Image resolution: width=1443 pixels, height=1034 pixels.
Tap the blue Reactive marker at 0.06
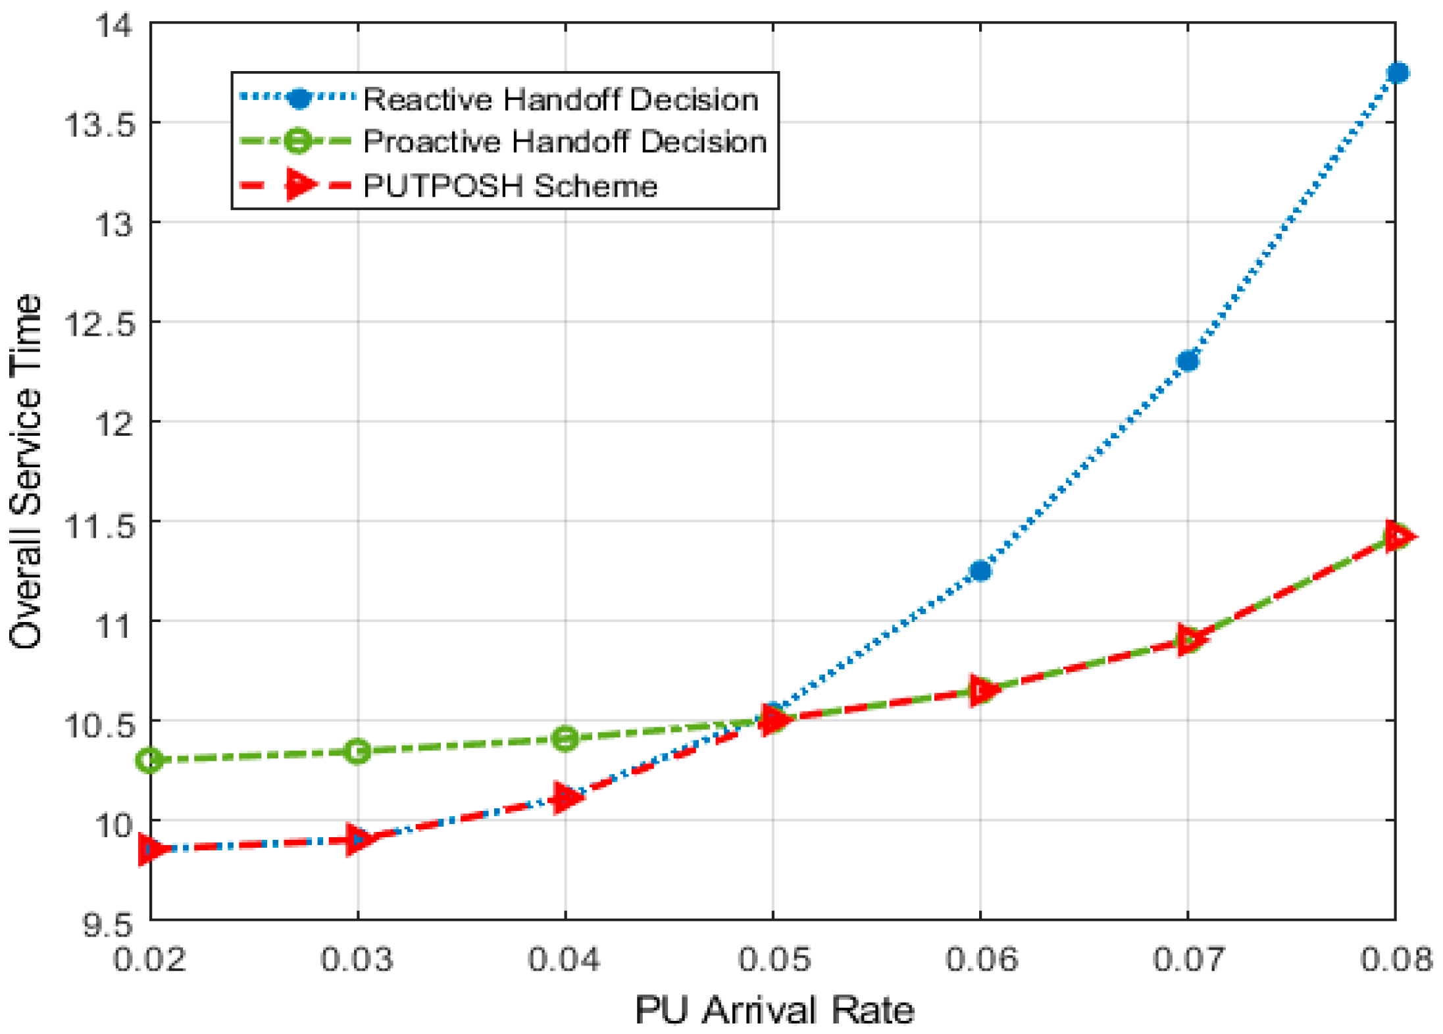pos(980,571)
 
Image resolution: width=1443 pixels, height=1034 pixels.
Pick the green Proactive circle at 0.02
pos(150,760)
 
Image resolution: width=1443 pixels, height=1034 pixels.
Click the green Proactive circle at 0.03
pos(357,751)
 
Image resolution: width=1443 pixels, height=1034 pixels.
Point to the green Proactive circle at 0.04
pos(565,738)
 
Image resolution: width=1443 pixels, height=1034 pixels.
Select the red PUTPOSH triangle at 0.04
pos(565,798)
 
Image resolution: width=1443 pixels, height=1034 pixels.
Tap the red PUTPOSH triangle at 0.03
pos(357,840)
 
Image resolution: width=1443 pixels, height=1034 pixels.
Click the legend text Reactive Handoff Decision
pos(561,99)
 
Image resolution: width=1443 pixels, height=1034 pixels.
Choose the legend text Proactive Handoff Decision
pos(565,142)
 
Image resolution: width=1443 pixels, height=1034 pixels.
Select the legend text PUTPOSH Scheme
pos(510,186)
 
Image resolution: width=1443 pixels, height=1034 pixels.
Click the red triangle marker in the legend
pos(300,184)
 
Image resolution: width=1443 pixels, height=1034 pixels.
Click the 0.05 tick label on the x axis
pos(773,959)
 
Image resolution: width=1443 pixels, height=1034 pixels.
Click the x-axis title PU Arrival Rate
pos(774,1009)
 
